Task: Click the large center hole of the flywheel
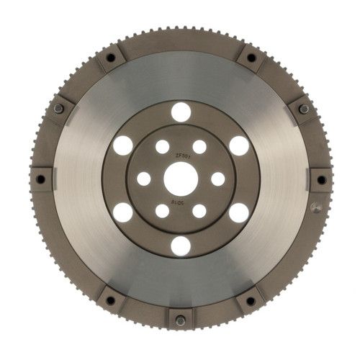point(180,178)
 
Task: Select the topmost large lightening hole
point(181,112)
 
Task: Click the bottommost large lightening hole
point(181,246)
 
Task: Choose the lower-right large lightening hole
point(238,212)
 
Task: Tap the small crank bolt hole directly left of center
point(144,179)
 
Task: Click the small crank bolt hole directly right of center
point(217,179)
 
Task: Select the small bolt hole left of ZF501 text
point(163,147)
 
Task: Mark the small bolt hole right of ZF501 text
point(199,147)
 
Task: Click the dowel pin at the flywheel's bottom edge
point(180,320)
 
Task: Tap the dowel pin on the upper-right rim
point(303,109)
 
